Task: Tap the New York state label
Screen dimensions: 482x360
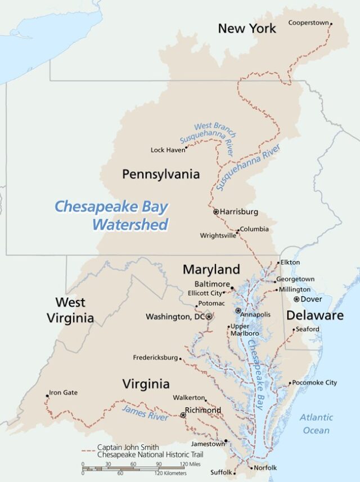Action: point(247,28)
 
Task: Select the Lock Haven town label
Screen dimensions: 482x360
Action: point(168,150)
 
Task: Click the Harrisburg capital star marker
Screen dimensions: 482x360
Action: point(216,212)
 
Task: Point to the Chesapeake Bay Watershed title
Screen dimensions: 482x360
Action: point(111,216)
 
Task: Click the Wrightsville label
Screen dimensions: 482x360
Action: point(217,235)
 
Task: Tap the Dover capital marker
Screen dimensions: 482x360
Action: point(296,299)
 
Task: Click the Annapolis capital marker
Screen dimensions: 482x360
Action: point(238,310)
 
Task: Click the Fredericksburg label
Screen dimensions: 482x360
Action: point(155,358)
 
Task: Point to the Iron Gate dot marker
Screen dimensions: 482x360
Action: point(47,396)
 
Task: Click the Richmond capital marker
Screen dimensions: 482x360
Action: point(183,415)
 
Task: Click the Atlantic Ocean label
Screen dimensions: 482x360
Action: point(316,424)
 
